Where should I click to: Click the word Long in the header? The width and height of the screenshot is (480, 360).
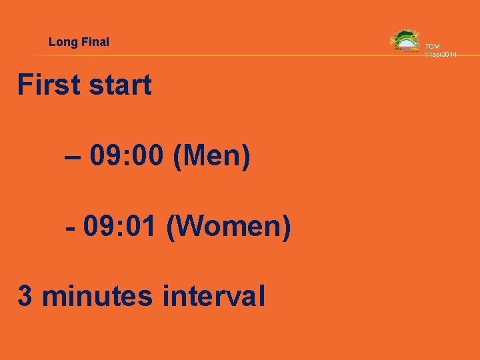(x=63, y=42)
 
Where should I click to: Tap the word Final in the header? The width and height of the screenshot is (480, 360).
(x=95, y=42)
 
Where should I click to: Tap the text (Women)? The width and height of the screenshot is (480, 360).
(x=228, y=228)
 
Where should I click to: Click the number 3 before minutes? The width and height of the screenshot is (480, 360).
(x=25, y=296)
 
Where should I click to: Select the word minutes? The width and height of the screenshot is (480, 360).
(x=96, y=296)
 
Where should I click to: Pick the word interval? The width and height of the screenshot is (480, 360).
(x=211, y=296)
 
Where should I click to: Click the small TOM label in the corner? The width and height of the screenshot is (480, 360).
(x=433, y=47)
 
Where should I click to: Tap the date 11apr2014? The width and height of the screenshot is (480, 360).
(x=441, y=54)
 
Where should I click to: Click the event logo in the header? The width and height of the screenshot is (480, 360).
(x=405, y=41)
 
